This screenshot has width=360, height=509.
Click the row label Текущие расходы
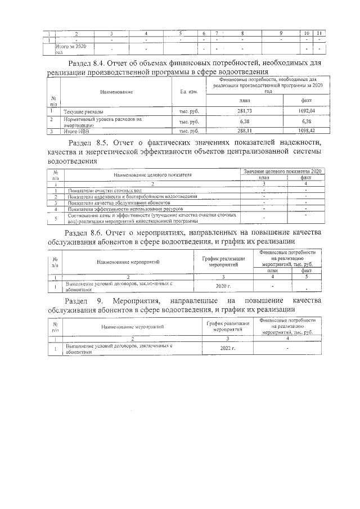point(83,112)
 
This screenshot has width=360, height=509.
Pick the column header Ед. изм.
point(188,91)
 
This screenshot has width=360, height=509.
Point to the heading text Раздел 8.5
point(90,142)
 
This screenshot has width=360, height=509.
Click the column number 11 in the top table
point(319,33)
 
